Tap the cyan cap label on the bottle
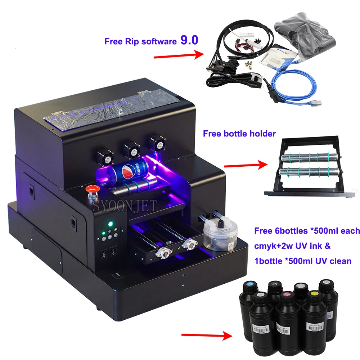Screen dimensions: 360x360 pos(249,287)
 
